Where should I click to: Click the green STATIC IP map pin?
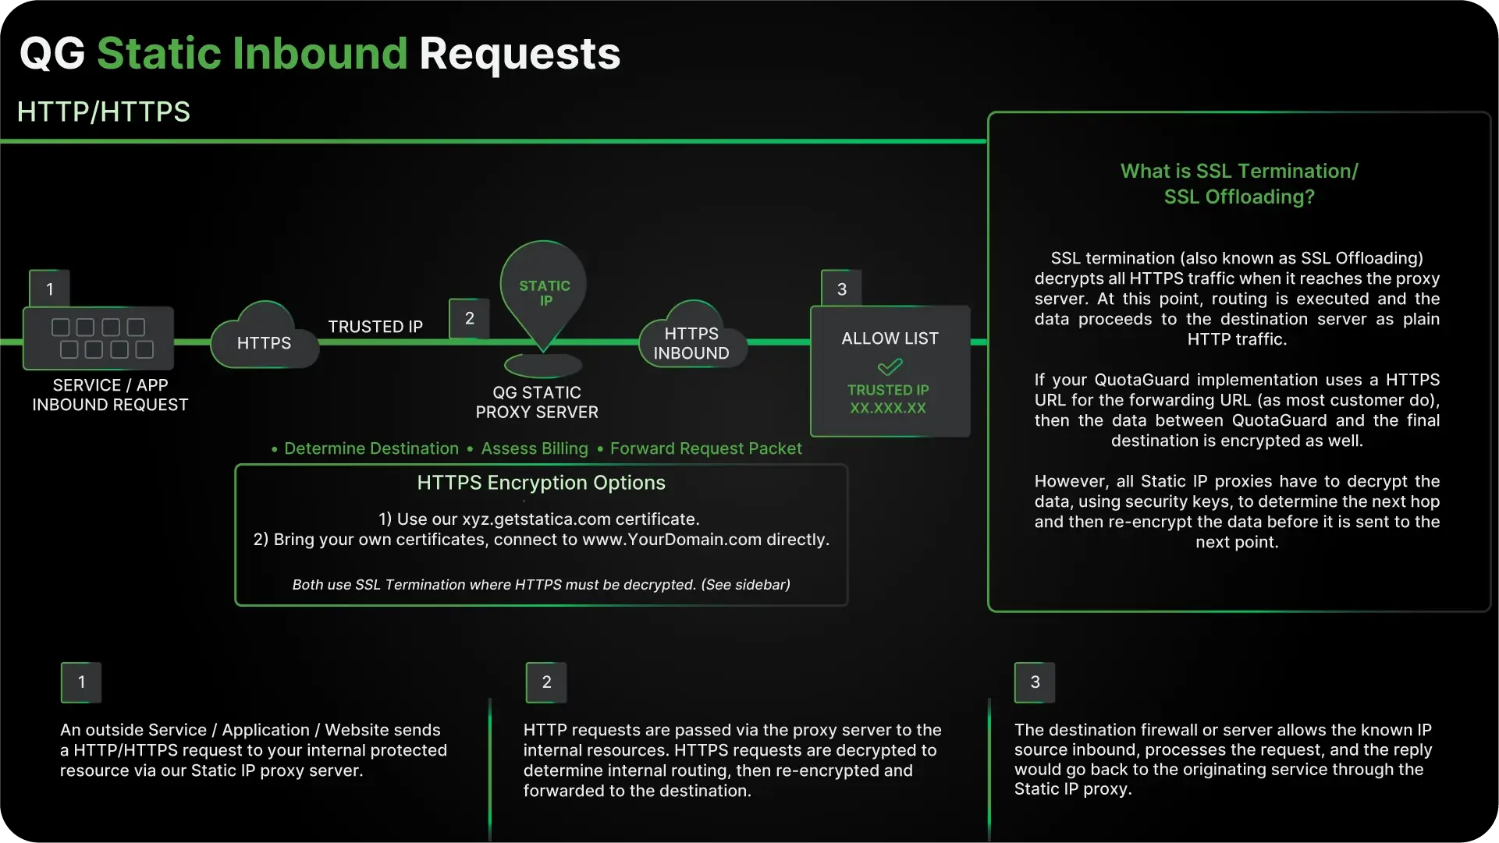544,292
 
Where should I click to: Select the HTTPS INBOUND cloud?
691,342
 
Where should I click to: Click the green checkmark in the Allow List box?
890,366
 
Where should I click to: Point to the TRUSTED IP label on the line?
375,327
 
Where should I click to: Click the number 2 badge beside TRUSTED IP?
470,318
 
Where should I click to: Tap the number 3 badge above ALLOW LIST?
841,289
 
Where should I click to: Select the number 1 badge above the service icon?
50,289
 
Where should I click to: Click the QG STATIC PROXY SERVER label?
537,402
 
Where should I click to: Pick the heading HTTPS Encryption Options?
541,483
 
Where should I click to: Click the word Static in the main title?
159,54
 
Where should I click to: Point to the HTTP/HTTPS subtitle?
104,112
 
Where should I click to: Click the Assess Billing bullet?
534,448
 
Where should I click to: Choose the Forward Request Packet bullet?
705,448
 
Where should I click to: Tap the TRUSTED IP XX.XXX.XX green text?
888,398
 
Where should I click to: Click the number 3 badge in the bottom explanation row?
1035,682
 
